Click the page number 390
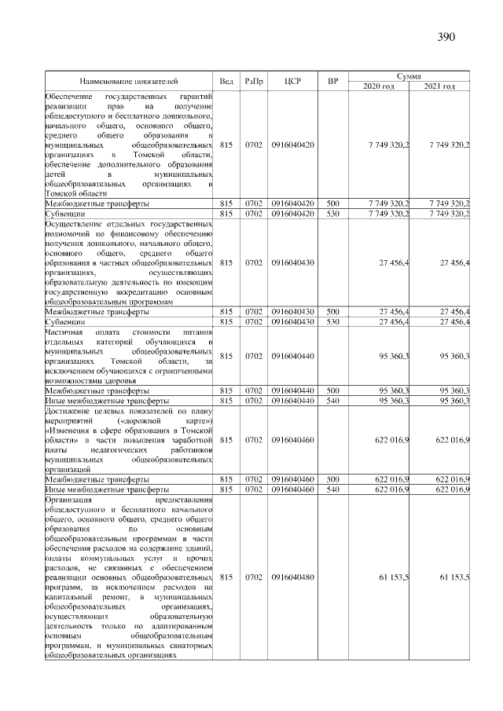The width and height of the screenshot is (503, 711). point(446,37)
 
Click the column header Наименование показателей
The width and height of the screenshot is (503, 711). point(128,80)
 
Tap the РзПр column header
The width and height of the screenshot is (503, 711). point(254,80)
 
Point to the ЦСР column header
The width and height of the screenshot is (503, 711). point(292,80)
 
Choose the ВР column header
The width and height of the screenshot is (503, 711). point(332,80)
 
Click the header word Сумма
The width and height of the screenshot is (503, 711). point(409,75)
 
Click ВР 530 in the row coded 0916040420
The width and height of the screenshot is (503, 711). point(332,212)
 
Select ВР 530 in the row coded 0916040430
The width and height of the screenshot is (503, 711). point(332,321)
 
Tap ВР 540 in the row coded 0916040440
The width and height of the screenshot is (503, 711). point(332,400)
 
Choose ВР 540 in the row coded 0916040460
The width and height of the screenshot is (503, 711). point(332,489)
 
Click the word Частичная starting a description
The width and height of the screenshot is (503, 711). point(65,332)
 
